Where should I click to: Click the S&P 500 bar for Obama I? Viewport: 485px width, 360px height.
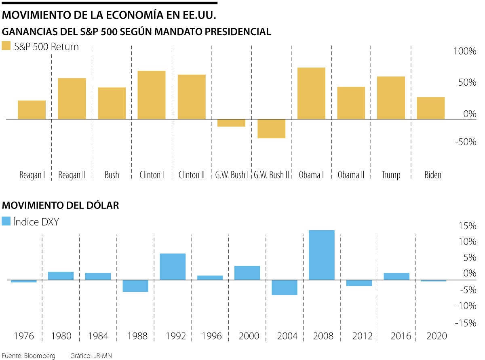pyautogui.click(x=311, y=93)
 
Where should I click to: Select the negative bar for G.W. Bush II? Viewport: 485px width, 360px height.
pyautogui.click(x=271, y=128)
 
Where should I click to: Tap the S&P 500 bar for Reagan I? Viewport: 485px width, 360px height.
pyautogui.click(x=32, y=110)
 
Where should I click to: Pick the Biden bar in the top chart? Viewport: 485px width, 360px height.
pyautogui.click(x=430, y=108)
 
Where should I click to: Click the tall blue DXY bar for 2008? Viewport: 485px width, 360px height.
pyautogui.click(x=321, y=255)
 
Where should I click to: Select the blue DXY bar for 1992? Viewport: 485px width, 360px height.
pyautogui.click(x=173, y=267)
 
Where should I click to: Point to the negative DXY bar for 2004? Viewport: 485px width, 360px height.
pyautogui.click(x=284, y=287)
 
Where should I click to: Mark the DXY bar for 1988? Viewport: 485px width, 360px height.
pyautogui.click(x=135, y=286)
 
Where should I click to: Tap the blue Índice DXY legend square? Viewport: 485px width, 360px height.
pyautogui.click(x=6, y=221)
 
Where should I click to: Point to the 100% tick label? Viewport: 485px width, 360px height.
pyautogui.click(x=464, y=51)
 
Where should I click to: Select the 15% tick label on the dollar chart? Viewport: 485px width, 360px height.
pyautogui.click(x=467, y=226)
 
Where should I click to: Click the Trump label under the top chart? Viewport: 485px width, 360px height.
pyautogui.click(x=391, y=175)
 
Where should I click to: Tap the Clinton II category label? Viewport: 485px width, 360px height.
pyautogui.click(x=192, y=175)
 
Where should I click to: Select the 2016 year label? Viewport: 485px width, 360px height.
pyautogui.click(x=396, y=336)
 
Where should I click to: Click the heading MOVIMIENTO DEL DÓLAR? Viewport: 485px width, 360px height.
pyautogui.click(x=61, y=205)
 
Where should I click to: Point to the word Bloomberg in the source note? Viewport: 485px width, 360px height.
pyautogui.click(x=39, y=356)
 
